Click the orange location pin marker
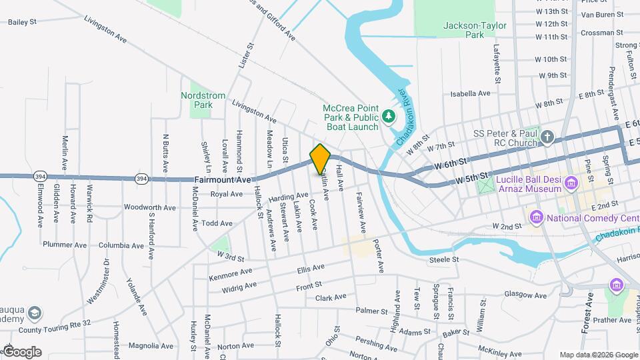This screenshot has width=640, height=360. coord(320,159)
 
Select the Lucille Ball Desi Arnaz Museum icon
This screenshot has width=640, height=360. coord(571,182)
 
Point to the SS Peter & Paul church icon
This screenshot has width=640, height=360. coord(547,138)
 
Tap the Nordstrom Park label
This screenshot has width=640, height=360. coord(203,100)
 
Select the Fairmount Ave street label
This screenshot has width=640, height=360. coord(223,180)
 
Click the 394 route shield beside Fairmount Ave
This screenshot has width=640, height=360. coord(141,179)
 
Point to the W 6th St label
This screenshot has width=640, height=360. coord(451,162)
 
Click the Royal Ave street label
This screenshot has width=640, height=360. coord(227,195)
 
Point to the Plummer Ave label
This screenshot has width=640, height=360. coord(65,245)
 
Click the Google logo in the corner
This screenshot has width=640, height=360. coord(22,352)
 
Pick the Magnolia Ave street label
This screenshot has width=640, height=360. coord(151,345)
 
